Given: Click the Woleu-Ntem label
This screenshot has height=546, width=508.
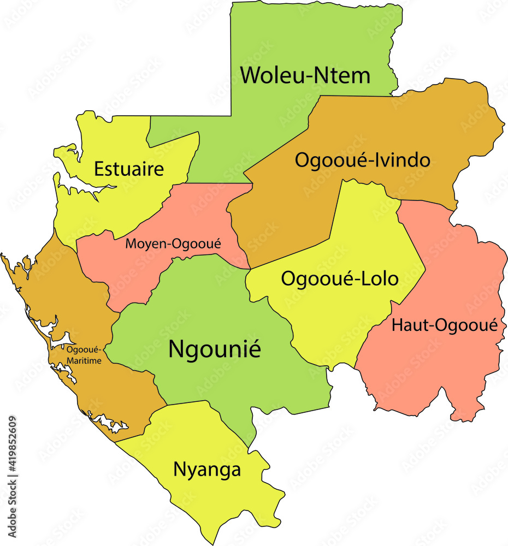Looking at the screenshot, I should pos(305,75).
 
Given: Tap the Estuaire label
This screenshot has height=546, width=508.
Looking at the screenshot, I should pos(129,169).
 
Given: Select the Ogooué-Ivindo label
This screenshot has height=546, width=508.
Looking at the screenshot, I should pos(363,161).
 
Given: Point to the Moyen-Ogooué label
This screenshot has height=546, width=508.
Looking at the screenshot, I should pos(173,244).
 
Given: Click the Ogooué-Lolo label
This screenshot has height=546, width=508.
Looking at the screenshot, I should pos(340,278).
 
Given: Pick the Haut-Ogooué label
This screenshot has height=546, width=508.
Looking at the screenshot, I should pos(445,325).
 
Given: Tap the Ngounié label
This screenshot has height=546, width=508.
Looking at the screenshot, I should pos(215,349).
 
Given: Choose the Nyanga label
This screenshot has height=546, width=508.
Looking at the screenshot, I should pos(207,469).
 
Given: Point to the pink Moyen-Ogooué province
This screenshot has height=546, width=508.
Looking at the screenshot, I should pos(137,268).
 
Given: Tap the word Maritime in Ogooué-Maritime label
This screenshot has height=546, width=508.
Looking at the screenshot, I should pos(85,361).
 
